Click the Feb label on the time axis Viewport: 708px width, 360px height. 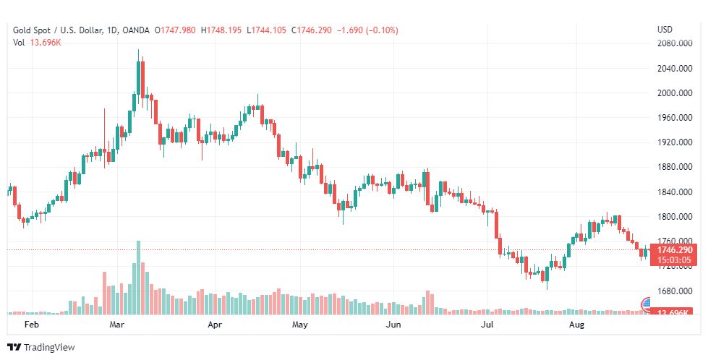click(x=30, y=325)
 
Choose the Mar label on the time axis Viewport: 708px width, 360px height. click(x=118, y=325)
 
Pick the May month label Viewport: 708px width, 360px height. click(x=300, y=325)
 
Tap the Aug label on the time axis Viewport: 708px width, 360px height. click(x=576, y=325)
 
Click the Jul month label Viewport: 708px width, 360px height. click(x=489, y=325)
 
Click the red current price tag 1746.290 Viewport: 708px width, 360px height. click(x=673, y=250)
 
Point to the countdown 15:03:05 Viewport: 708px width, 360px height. click(x=673, y=260)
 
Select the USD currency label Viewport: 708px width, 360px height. click(x=665, y=30)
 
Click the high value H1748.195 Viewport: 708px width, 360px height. click(x=221, y=30)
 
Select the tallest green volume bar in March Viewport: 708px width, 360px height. click(x=137, y=277)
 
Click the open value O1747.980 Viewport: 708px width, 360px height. click(x=174, y=30)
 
